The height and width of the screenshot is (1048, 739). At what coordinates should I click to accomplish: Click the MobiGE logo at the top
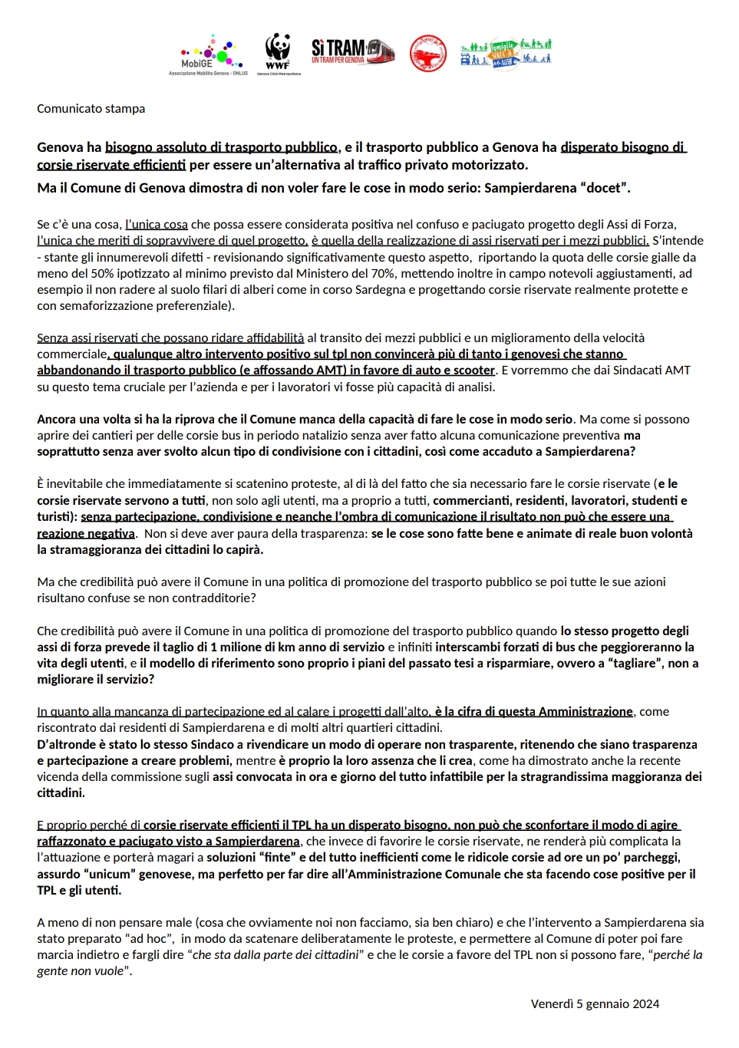pyautogui.click(x=206, y=54)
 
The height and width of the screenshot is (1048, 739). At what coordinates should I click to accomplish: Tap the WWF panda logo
pyautogui.click(x=278, y=52)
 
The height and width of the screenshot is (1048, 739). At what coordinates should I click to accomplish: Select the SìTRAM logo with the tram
pyautogui.click(x=353, y=51)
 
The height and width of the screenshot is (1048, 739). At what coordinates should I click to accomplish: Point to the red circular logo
pyautogui.click(x=427, y=54)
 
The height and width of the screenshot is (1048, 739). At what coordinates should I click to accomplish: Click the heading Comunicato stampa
pyautogui.click(x=91, y=109)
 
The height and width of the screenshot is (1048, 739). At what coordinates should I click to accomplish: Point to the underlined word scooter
pyautogui.click(x=473, y=370)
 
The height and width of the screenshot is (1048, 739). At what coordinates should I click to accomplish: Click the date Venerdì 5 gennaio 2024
pyautogui.click(x=595, y=1004)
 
